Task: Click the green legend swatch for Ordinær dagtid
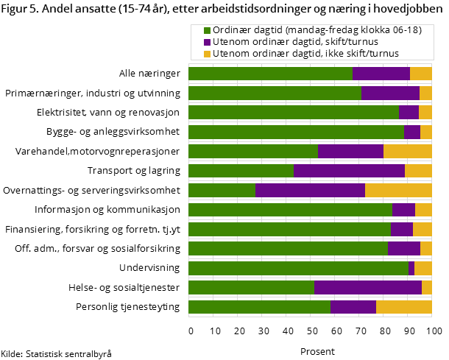point(207,31)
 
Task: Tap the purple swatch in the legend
point(207,42)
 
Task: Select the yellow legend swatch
point(207,53)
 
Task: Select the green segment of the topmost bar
point(270,74)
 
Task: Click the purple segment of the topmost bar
point(381,74)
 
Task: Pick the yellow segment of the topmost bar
point(420,74)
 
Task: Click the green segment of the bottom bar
point(259,307)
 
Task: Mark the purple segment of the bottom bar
point(353,307)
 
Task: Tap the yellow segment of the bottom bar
point(403,307)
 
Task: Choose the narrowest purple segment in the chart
point(411,268)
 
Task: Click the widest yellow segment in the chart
point(398,190)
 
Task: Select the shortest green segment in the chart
point(222,190)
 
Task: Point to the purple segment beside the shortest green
point(310,190)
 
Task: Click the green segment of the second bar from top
point(275,93)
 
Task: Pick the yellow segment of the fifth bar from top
point(407,151)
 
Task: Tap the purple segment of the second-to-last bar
point(368,287)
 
